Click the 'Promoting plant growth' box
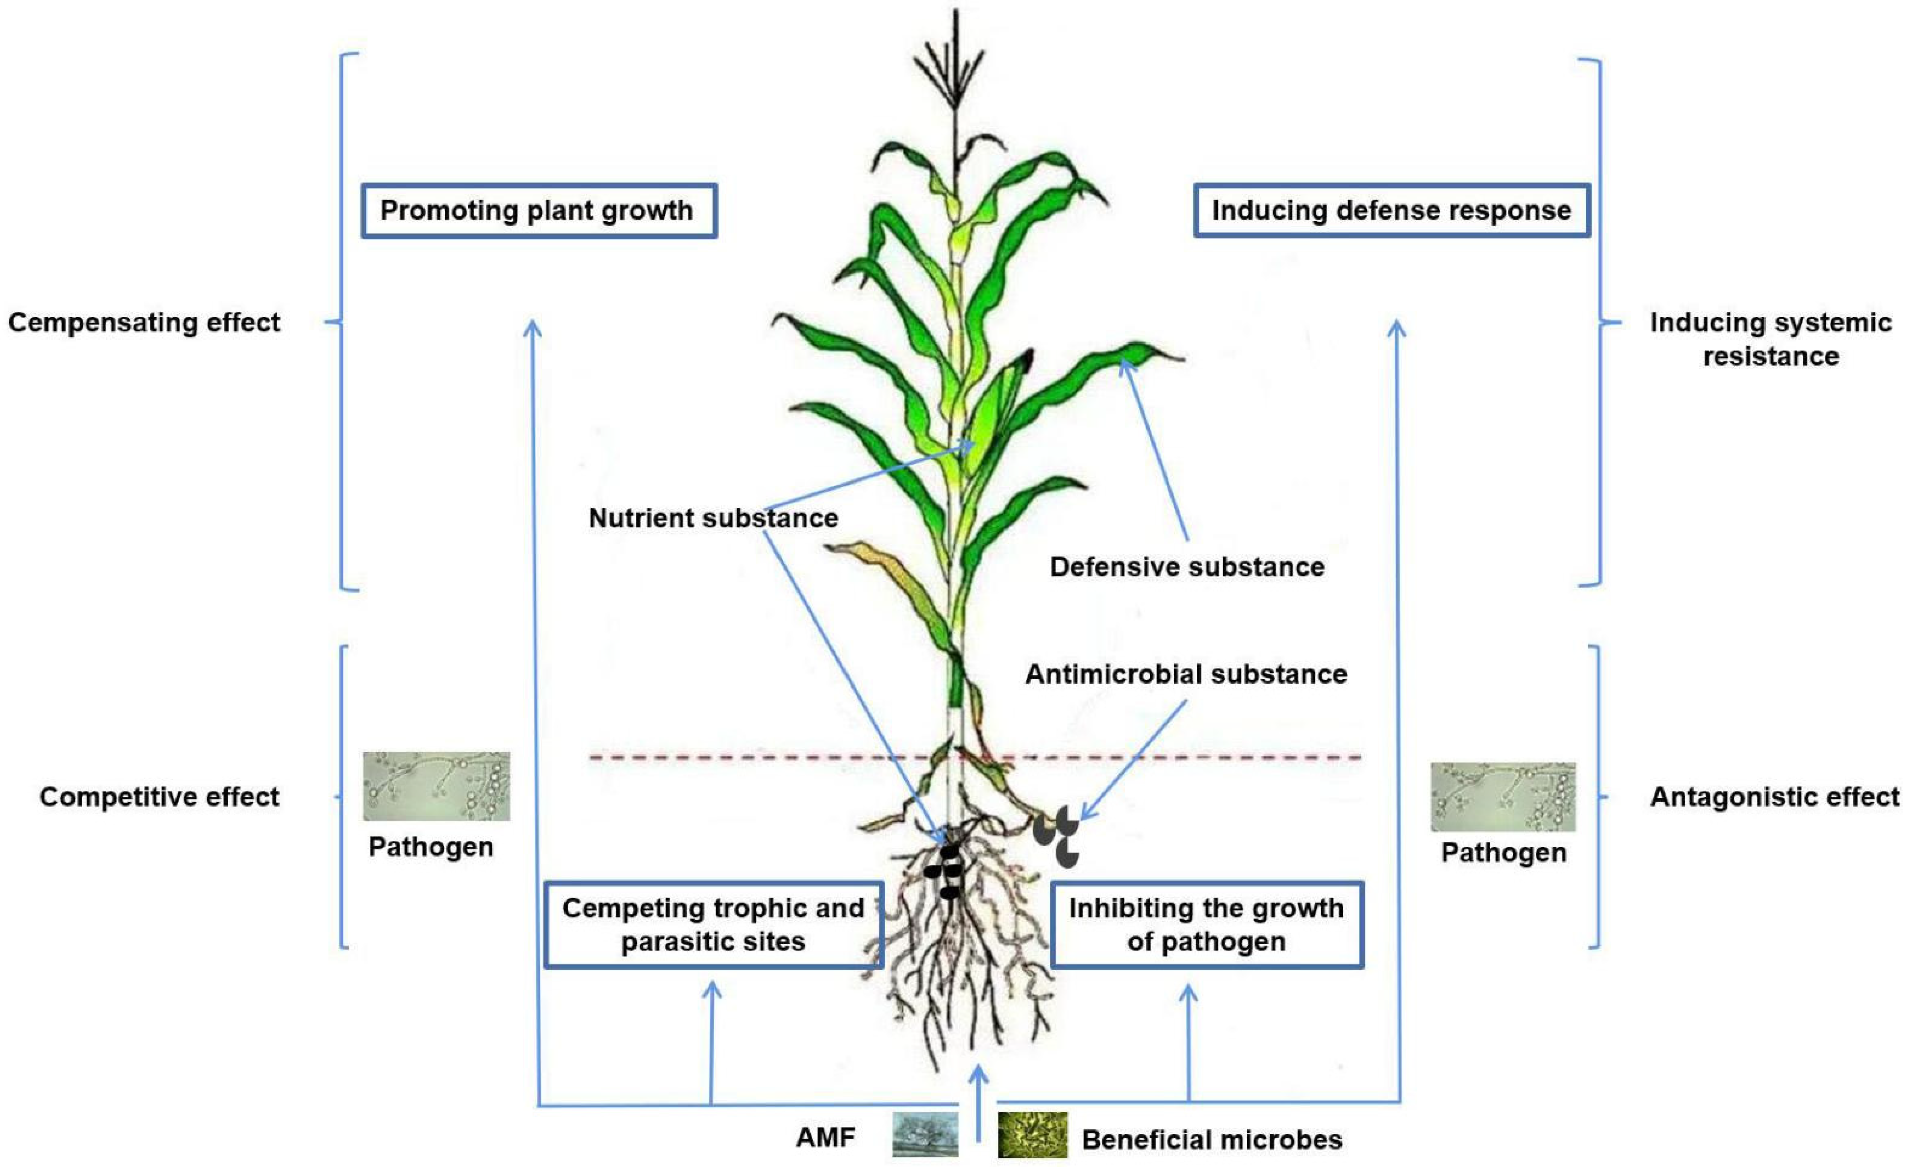click(538, 211)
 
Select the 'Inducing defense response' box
click(1391, 211)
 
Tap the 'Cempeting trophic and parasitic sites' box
click(713, 924)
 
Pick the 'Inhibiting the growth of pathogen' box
click(1206, 924)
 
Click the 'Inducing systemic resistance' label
click(1771, 339)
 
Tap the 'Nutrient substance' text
click(713, 518)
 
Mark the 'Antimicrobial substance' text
click(1186, 674)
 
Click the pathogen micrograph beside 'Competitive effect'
click(436, 786)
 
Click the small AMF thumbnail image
click(925, 1134)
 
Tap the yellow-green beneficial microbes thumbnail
click(1032, 1134)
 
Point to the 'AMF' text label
click(825, 1138)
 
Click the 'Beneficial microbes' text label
click(1212, 1139)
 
